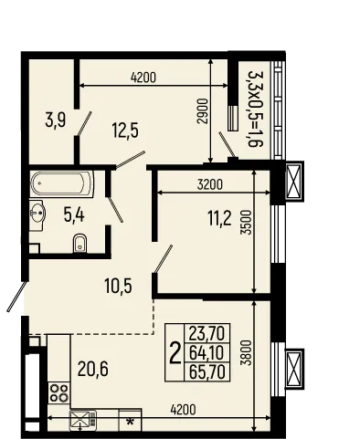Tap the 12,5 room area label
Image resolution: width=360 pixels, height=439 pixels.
click(x=126, y=130)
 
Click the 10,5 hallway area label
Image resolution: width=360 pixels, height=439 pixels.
click(x=119, y=286)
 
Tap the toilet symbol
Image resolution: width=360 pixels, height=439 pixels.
click(x=79, y=242)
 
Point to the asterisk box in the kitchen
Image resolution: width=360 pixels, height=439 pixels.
click(x=131, y=422)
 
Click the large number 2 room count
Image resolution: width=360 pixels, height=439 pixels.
click(x=175, y=352)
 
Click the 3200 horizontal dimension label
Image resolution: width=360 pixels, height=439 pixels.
click(x=212, y=184)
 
